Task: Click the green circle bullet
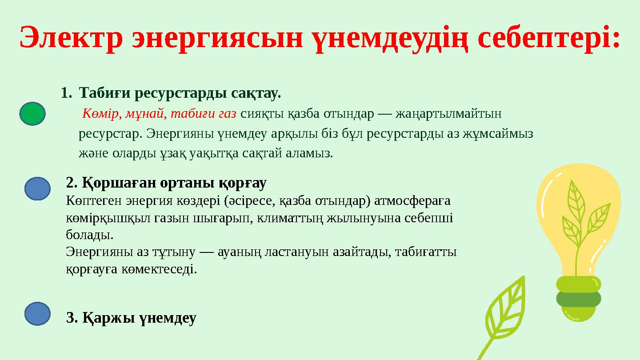(x=32, y=114)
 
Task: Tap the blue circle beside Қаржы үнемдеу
(x=37, y=313)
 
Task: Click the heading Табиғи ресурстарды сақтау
(x=180, y=94)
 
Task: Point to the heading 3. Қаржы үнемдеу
(x=131, y=318)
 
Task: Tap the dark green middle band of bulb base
(x=578, y=298)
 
